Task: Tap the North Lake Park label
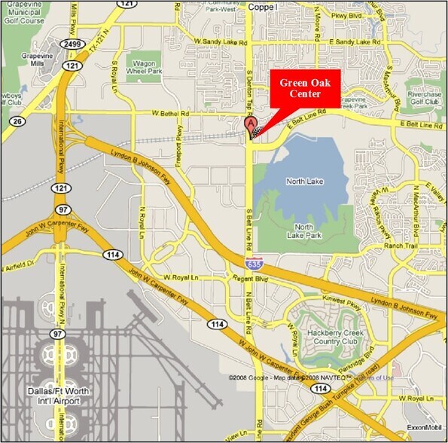304,231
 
